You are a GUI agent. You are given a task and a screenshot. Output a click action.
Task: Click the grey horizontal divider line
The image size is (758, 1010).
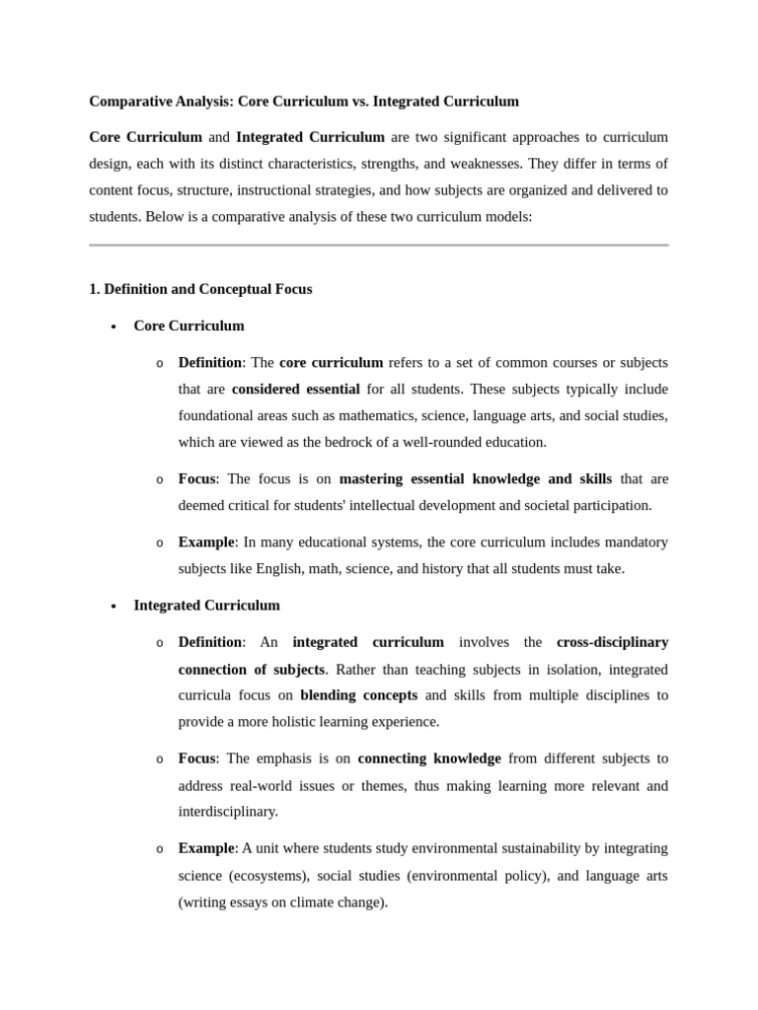(379, 245)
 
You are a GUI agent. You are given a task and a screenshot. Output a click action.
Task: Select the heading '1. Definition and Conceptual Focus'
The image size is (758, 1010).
(200, 289)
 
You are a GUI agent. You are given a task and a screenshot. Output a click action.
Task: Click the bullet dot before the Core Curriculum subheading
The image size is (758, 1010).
(114, 326)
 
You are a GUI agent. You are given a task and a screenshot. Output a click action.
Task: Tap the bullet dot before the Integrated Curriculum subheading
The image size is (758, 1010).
(114, 607)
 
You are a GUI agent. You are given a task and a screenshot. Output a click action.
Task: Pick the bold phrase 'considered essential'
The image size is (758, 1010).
(295, 389)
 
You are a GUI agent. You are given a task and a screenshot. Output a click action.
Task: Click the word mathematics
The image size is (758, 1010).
(395, 415)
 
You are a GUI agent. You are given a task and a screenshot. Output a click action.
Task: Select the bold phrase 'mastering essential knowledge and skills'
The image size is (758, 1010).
(475, 478)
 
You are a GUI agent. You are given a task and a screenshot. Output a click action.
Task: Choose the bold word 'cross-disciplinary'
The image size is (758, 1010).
(612, 642)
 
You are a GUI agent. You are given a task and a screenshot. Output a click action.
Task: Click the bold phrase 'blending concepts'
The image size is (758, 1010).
(358, 694)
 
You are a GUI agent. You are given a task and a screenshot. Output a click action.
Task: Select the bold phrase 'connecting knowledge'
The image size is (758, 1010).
(429, 758)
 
